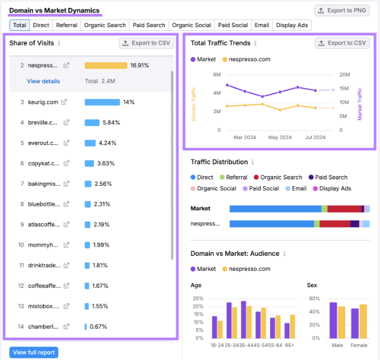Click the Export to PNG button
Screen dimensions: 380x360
(342, 11)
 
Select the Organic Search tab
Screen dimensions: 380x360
(105, 25)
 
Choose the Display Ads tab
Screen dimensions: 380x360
(292, 25)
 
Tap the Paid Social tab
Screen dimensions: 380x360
(233, 25)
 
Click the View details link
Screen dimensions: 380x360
(43, 81)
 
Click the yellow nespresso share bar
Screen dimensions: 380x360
(106, 66)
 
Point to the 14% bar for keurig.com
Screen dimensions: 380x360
(102, 102)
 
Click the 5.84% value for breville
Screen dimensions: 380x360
(111, 123)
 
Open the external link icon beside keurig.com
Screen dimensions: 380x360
(64, 102)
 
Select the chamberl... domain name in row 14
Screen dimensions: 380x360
(43, 326)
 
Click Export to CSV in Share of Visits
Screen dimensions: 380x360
(146, 43)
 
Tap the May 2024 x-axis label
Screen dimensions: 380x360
(280, 137)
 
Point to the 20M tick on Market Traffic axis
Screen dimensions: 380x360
(345, 75)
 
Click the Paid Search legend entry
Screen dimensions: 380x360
(328, 177)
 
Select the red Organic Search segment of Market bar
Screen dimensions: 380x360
(344, 209)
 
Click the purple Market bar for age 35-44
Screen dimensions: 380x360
(244, 320)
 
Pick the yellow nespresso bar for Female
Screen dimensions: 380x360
(363, 321)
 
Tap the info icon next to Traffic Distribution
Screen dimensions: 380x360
(253, 162)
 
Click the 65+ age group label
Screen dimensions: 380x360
(290, 345)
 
